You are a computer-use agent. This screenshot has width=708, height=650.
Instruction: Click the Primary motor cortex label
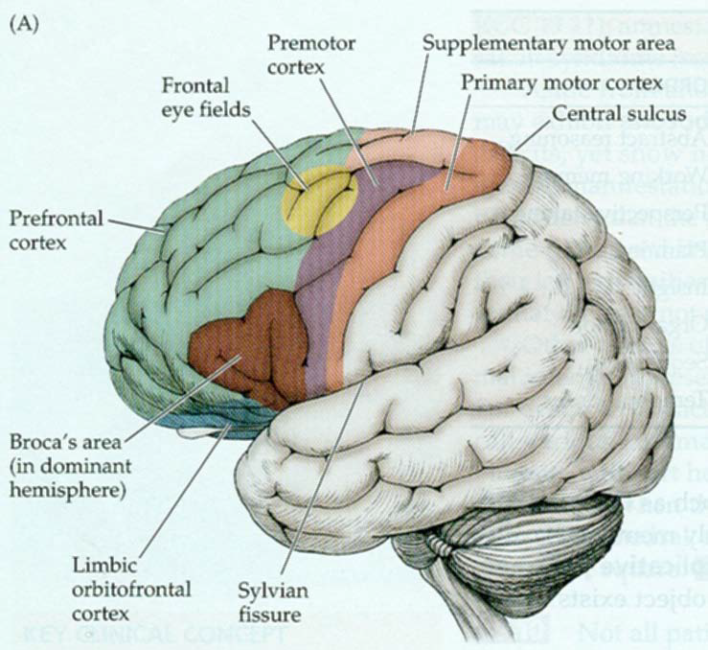tap(560, 82)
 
